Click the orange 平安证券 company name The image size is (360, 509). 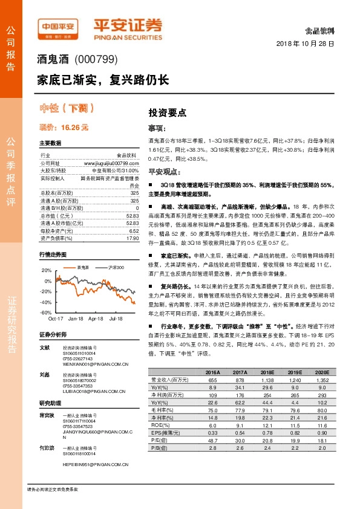[x=126, y=26]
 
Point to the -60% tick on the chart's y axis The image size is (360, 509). [x=46, y=313]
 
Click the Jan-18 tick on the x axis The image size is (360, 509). [x=76, y=318]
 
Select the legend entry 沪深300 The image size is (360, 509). [x=116, y=267]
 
